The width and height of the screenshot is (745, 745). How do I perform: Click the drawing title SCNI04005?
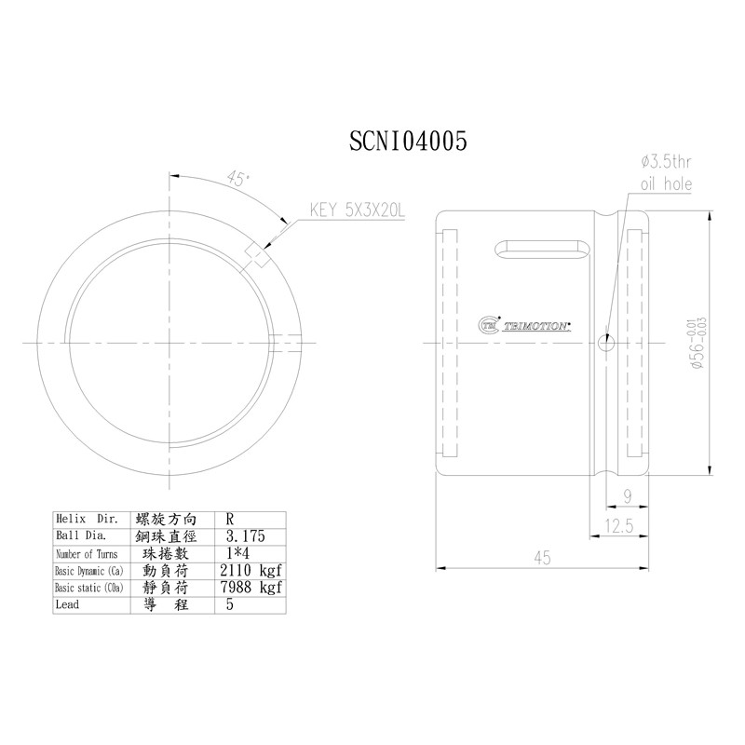[407, 140]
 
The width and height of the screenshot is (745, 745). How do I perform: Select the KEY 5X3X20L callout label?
[358, 211]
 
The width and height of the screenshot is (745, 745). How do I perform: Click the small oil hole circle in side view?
[606, 344]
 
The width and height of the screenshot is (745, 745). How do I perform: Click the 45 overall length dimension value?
[542, 558]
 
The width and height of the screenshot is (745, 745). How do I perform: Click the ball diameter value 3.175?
[246, 536]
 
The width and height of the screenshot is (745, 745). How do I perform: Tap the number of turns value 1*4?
[239, 553]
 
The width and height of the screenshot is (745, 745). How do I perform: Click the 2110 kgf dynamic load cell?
[250, 570]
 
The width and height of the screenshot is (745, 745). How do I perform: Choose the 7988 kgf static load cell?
[250, 588]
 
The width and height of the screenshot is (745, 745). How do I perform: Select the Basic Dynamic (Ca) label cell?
[88, 570]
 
